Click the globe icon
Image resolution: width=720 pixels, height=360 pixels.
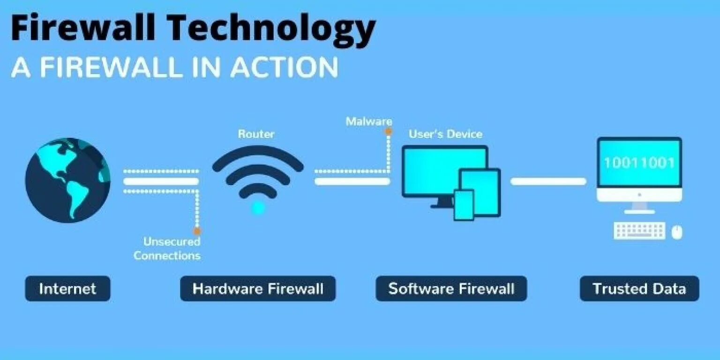coord(67,180)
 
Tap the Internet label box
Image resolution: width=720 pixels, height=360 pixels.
coord(67,288)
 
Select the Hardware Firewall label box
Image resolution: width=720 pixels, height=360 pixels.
coord(258,288)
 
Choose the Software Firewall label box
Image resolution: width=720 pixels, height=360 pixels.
coord(451,288)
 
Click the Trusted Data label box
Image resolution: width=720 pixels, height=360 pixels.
coord(639,288)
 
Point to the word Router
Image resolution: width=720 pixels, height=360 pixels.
coord(256,134)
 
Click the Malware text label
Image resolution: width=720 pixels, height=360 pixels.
coord(368,121)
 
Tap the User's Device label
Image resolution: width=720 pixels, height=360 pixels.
coord(445,134)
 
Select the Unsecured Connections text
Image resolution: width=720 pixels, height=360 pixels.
coord(167,248)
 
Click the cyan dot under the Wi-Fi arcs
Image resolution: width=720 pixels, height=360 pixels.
coord(258,208)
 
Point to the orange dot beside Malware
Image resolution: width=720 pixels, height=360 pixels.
coord(388,132)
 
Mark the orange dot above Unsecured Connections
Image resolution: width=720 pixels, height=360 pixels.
coord(197,231)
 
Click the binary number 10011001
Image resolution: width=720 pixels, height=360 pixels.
coord(638,163)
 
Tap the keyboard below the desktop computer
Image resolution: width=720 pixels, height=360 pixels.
coord(639,231)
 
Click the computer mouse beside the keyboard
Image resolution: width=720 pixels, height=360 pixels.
coord(676,232)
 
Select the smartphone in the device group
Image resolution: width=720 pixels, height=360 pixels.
coord(464,204)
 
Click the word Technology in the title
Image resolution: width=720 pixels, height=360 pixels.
coord(272,28)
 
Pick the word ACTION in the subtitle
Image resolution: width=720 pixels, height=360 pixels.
coord(284,67)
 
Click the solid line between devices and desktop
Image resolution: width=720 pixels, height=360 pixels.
coord(548,181)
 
